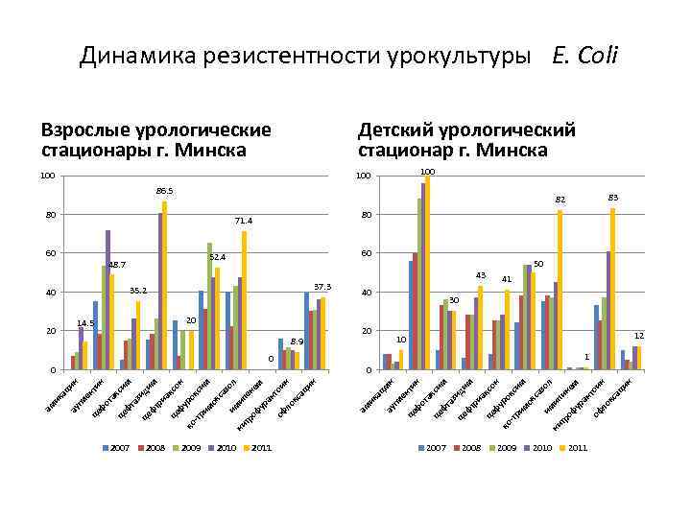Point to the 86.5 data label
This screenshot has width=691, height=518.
coord(164,192)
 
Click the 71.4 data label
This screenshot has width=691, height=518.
coord(244,221)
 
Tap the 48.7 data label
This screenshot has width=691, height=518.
coord(116,265)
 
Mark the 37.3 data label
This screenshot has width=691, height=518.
coord(322,287)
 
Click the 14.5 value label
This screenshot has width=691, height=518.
coord(84,323)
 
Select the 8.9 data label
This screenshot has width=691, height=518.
coord(297,341)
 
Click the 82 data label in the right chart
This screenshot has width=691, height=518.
coord(560,200)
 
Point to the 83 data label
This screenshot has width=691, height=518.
coord(612,197)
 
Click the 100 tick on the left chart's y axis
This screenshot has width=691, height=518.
coord(46,176)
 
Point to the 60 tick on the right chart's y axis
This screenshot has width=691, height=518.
coord(365,253)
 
